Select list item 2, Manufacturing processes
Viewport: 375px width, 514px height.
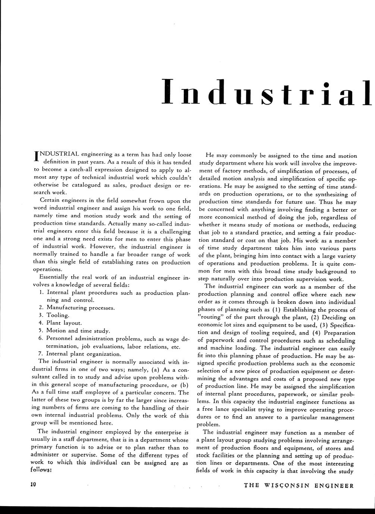click(81, 308)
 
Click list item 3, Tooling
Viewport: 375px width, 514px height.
click(58, 315)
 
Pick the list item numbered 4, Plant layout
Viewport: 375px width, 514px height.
click(64, 323)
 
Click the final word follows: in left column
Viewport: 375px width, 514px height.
click(41, 469)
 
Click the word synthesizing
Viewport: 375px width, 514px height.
click(328, 194)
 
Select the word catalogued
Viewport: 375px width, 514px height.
click(75, 185)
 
